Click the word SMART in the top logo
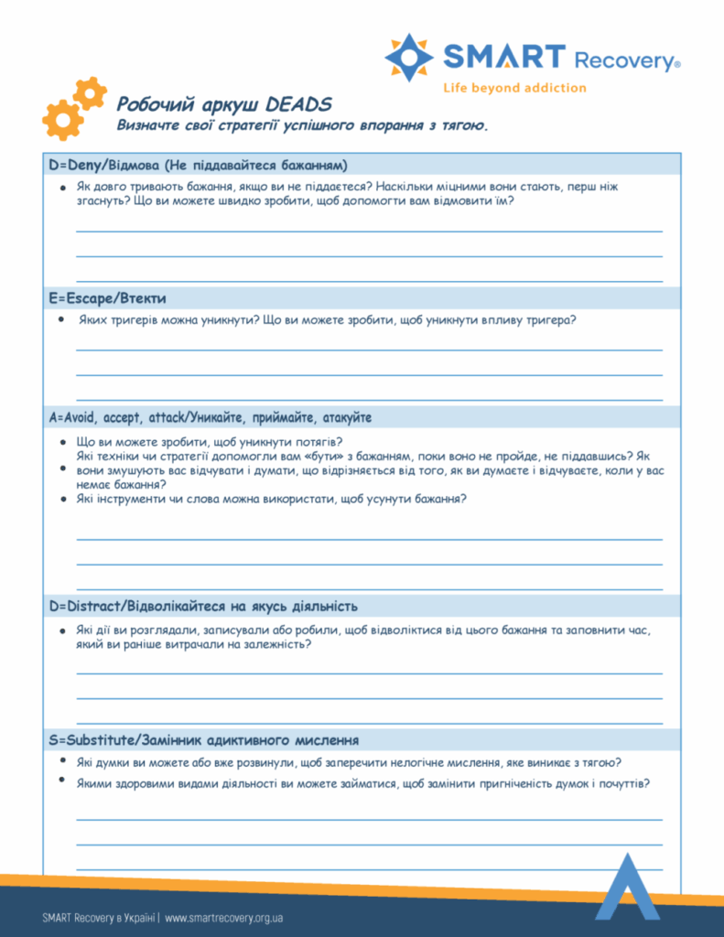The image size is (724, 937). pyautogui.click(x=504, y=58)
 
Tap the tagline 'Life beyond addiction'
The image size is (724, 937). pyautogui.click(x=514, y=88)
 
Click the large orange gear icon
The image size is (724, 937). pyautogui.click(x=62, y=119)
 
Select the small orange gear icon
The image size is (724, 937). pyautogui.click(x=90, y=93)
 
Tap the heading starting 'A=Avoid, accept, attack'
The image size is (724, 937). pyautogui.click(x=210, y=417)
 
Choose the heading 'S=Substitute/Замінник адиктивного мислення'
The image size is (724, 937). pyautogui.click(x=203, y=739)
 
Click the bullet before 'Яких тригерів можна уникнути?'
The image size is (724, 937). pyautogui.click(x=60, y=320)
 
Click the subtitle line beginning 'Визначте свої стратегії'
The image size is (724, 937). pyautogui.click(x=302, y=125)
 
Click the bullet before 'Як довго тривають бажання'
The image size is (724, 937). pyautogui.click(x=61, y=187)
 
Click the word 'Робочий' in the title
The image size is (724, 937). pyautogui.click(x=149, y=104)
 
